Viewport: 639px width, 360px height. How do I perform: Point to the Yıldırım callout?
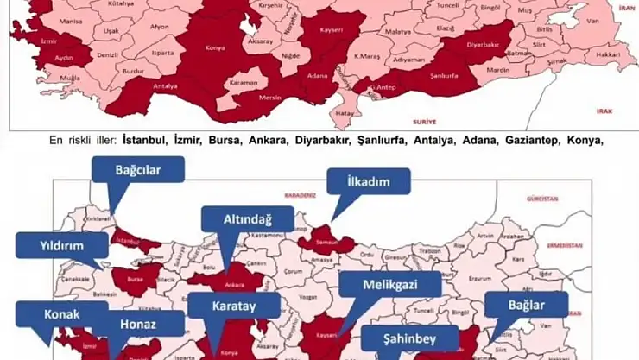[60, 245]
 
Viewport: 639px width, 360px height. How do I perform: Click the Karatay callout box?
[234, 306]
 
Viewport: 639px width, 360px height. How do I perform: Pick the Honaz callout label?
[147, 324]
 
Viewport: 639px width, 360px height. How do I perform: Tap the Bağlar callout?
[526, 305]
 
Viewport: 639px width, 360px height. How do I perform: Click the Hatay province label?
[345, 113]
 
